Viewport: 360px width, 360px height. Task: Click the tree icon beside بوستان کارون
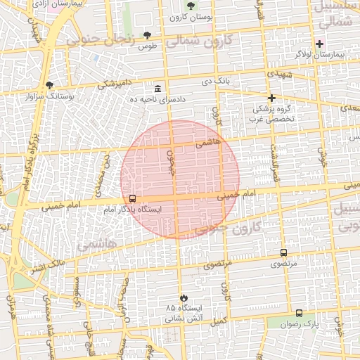click(x=191, y=6)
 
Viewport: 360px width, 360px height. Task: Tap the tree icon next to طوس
click(x=147, y=35)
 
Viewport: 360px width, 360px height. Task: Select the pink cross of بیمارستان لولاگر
click(x=319, y=44)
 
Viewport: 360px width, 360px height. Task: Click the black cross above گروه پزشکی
click(x=271, y=98)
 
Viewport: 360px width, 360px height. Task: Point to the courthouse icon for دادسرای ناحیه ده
click(x=156, y=89)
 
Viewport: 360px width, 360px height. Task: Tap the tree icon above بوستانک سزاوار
click(x=49, y=85)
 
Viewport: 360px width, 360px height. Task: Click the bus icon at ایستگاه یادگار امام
click(x=133, y=198)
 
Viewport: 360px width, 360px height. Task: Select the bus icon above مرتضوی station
click(x=283, y=252)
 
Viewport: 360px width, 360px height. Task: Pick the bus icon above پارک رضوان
click(x=299, y=313)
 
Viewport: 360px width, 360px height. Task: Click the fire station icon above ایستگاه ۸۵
click(x=184, y=297)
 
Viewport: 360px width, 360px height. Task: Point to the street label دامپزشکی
click(x=113, y=84)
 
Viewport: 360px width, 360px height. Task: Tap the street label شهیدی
click(x=280, y=74)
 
